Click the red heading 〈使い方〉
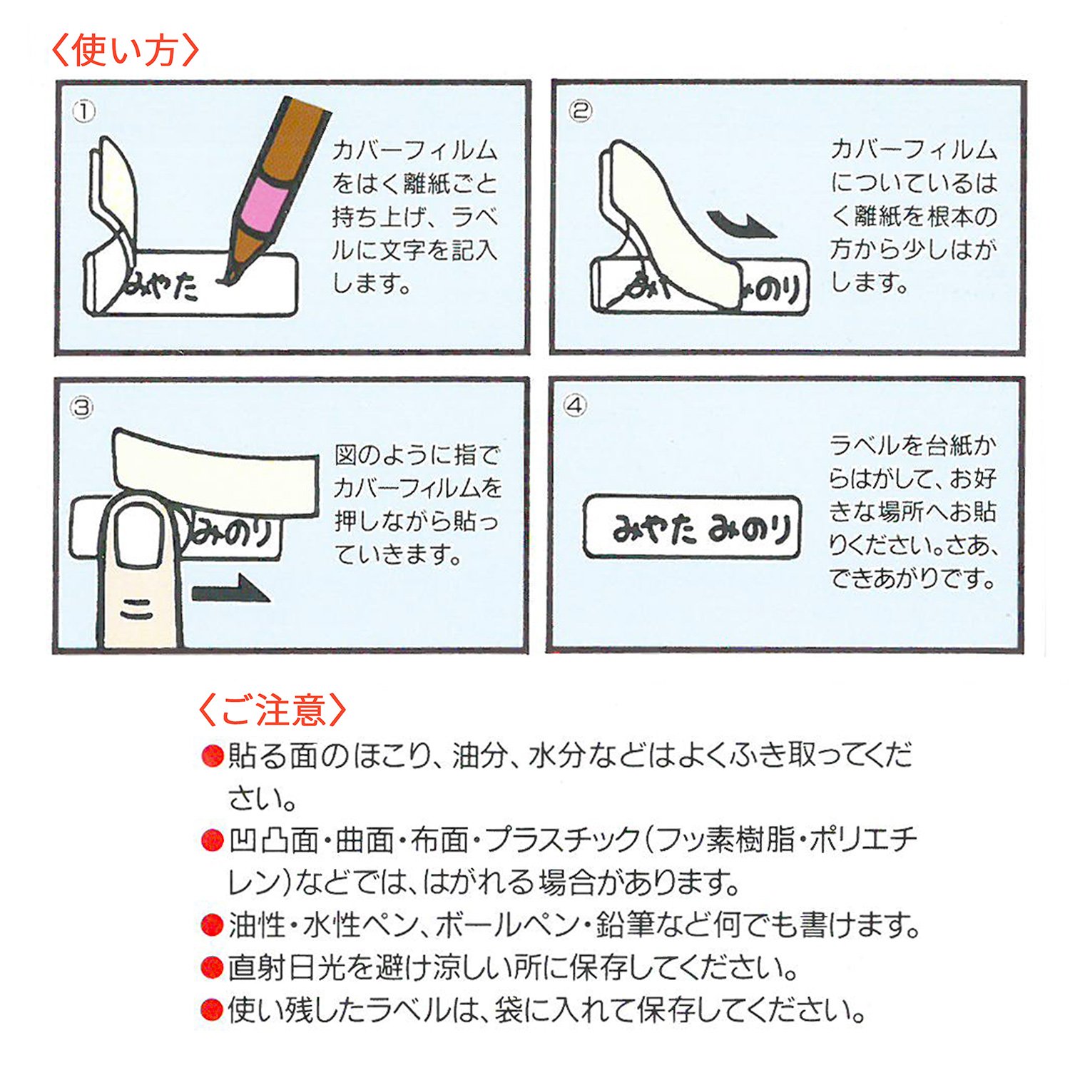pyautogui.click(x=126, y=51)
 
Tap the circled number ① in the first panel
pyautogui.click(x=84, y=112)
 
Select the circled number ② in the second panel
pyautogui.click(x=580, y=111)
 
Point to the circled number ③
pyautogui.click(x=82, y=407)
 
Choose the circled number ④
pyautogui.click(x=575, y=406)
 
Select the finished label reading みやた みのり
pyautogui.click(x=693, y=527)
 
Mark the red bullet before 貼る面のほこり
pyautogui.click(x=213, y=755)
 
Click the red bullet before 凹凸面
pyautogui.click(x=213, y=841)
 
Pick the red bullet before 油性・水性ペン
pyautogui.click(x=213, y=925)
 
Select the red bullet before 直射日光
pyautogui.click(x=213, y=968)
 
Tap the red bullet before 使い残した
pyautogui.click(x=213, y=1010)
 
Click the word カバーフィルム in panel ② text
pyautogui.click(x=914, y=150)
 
